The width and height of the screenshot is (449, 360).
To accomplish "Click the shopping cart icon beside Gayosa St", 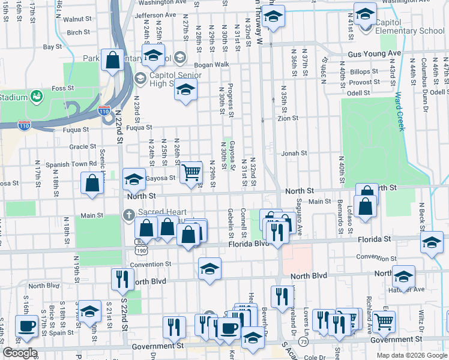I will (191, 172).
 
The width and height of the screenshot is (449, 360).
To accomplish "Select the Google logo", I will (20, 353).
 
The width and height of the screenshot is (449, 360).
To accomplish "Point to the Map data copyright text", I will (411, 355).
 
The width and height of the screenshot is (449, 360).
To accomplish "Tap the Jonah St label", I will (294, 153).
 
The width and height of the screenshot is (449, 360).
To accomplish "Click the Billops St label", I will (365, 71).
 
